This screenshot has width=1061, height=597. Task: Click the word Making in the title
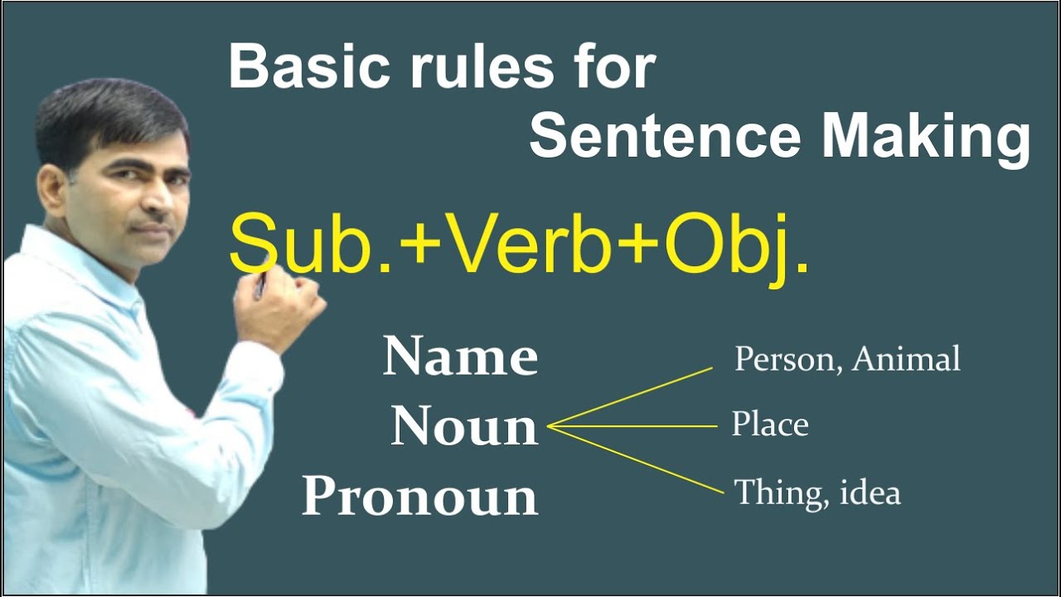926,139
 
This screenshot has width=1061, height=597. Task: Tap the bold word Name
460,357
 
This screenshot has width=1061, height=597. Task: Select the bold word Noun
464,426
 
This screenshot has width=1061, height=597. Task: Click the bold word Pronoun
419,497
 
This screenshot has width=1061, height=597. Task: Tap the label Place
769,425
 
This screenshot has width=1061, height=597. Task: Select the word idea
870,493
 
